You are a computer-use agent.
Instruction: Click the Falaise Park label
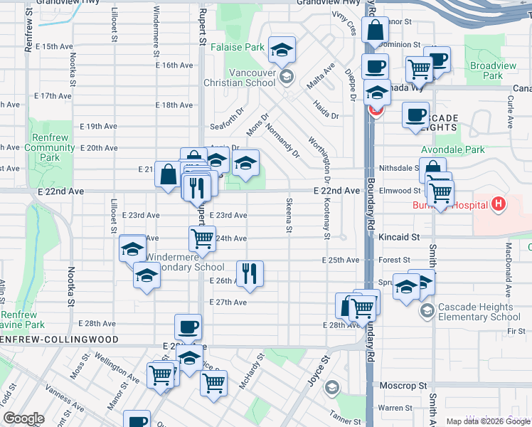[246, 48]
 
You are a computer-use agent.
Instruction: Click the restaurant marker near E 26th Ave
[250, 273]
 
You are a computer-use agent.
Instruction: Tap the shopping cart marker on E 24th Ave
[203, 239]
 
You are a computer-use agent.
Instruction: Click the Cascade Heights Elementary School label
[480, 312]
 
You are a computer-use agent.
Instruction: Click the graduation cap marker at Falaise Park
[282, 50]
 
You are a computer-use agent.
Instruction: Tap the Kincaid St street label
[399, 236]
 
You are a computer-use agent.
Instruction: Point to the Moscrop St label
[403, 385]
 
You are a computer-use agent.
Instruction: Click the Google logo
[24, 418]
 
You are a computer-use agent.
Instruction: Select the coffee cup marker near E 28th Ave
[188, 327]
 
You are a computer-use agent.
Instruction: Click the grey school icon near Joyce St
[331, 388]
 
